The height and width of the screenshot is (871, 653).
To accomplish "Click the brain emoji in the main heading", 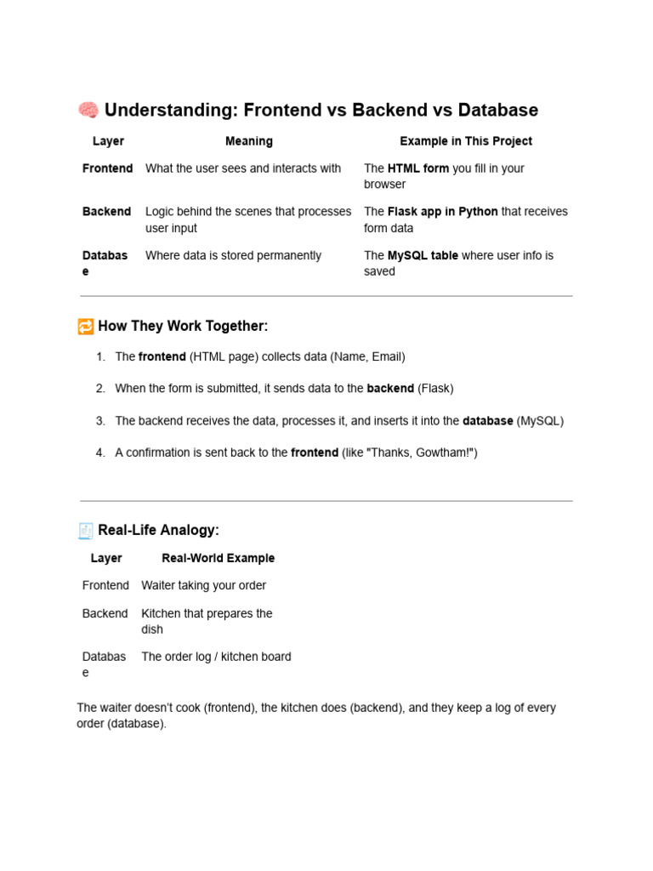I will click(88, 111).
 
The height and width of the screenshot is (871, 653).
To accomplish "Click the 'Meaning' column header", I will click(249, 141).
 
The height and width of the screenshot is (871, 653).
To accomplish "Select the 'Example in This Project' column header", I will click(466, 141).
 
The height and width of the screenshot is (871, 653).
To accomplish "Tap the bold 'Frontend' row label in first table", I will click(107, 168).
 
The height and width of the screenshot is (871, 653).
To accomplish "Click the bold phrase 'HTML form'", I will click(418, 168).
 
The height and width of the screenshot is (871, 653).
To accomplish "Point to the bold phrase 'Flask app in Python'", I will click(442, 212).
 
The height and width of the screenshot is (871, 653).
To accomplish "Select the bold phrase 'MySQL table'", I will click(423, 255).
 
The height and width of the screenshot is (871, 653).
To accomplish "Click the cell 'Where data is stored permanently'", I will click(233, 255).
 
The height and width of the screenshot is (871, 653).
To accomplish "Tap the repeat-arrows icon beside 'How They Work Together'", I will click(85, 327).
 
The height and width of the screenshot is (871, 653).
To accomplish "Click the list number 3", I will click(100, 421).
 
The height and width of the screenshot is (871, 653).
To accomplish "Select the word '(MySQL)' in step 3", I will click(540, 421).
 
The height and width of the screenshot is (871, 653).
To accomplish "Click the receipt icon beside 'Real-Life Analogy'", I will click(86, 531).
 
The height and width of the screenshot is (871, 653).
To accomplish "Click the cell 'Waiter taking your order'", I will click(203, 586).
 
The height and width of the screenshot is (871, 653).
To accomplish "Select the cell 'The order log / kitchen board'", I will click(216, 657).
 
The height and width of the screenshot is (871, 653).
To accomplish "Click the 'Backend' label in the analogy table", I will click(105, 613).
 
